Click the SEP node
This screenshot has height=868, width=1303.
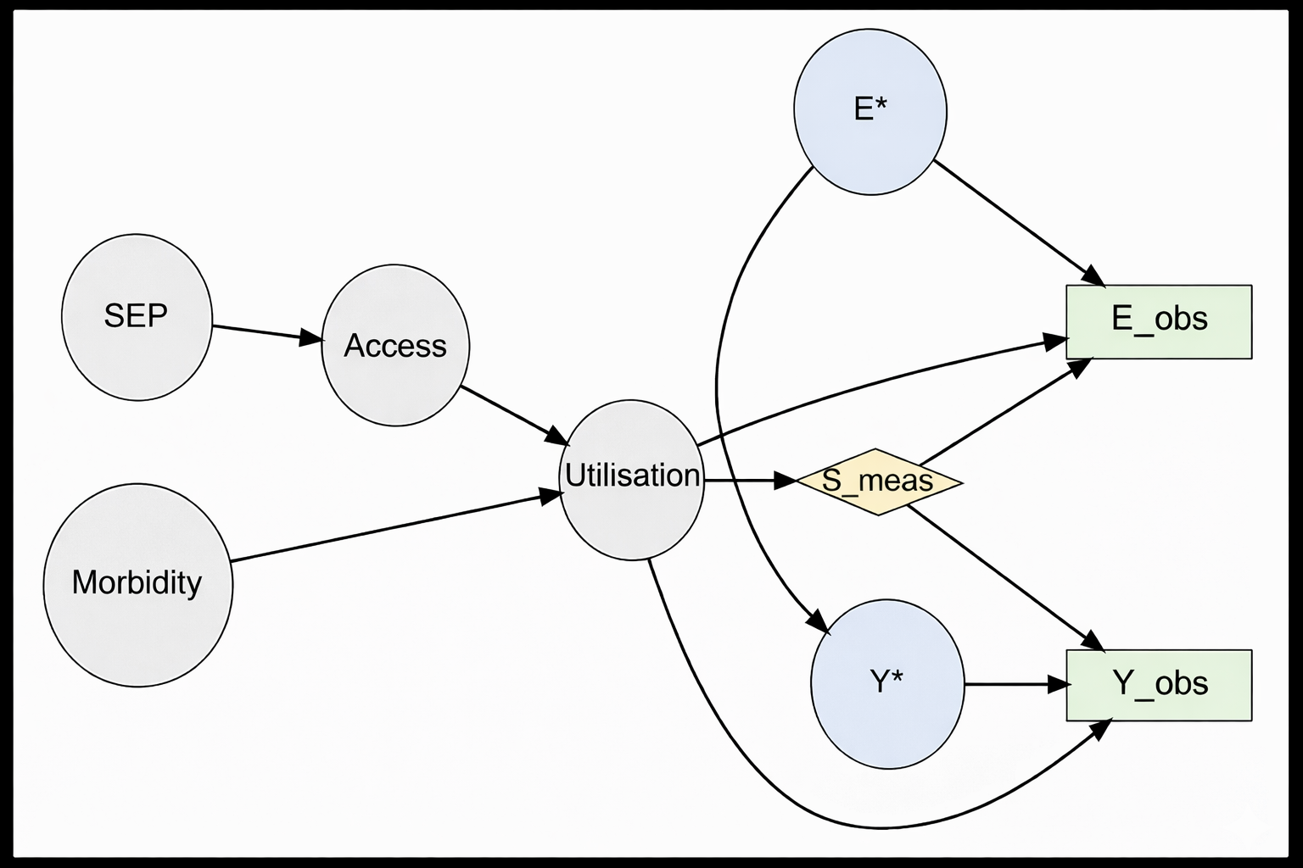click(137, 316)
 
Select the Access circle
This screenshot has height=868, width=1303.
click(395, 345)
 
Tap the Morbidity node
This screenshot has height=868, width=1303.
click(137, 584)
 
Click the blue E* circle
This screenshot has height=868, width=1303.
click(870, 111)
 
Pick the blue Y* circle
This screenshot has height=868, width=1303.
click(887, 683)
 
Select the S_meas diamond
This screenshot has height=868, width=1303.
click(878, 481)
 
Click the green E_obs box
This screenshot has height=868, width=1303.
click(1159, 321)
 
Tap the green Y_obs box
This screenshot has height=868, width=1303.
click(1159, 685)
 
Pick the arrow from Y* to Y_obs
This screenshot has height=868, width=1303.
click(1015, 684)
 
